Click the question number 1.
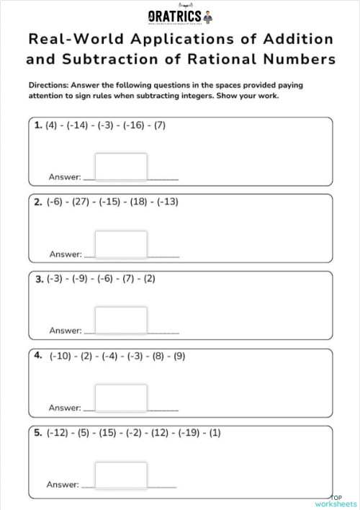point(38,125)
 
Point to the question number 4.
point(38,356)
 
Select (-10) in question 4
point(61,356)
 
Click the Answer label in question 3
point(65,331)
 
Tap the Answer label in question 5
point(63,485)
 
